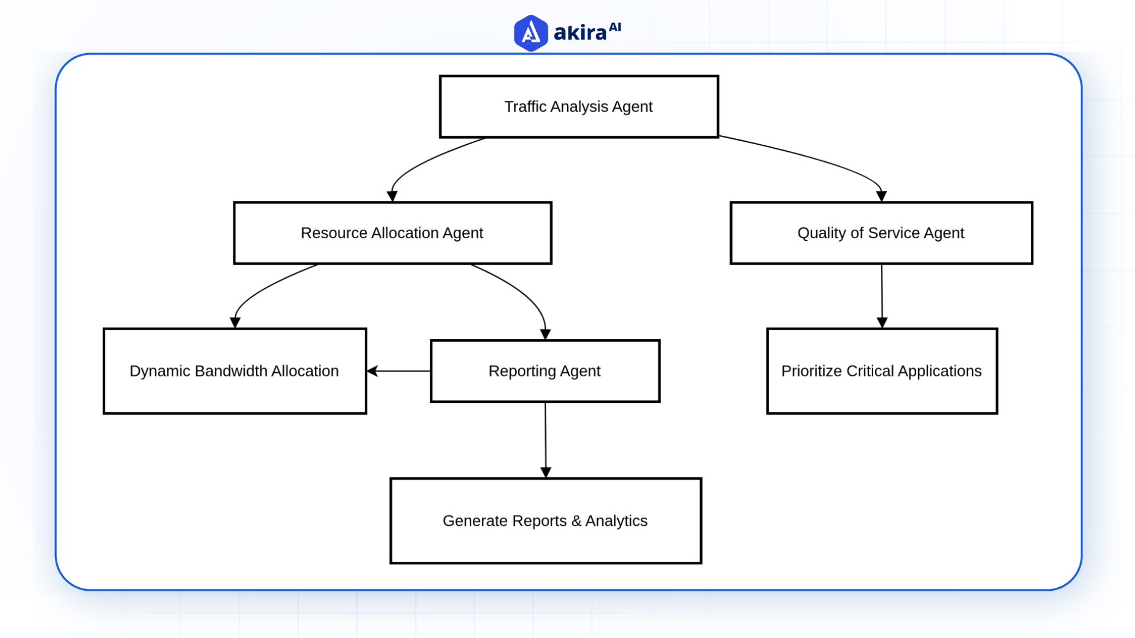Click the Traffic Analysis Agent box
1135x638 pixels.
579,107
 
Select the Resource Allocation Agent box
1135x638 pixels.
392,233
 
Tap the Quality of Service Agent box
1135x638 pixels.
881,233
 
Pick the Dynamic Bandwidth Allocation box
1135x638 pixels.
235,371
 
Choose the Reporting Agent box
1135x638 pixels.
544,371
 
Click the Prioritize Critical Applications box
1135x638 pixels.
881,371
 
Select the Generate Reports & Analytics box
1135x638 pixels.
545,520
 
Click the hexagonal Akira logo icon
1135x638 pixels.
530,33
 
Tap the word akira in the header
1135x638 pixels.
580,33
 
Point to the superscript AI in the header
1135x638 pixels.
615,27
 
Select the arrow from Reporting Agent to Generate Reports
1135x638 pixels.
546,440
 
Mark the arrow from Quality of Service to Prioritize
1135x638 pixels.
882,295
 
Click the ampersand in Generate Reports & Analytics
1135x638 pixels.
576,521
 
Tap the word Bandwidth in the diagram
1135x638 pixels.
231,371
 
